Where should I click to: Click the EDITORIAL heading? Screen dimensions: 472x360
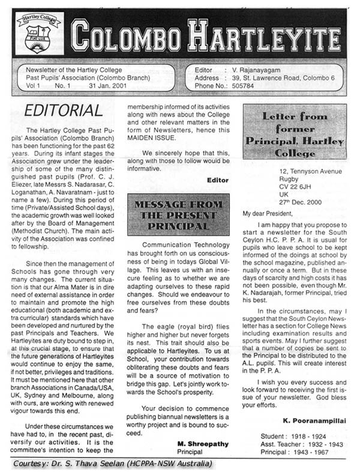click(x=64, y=110)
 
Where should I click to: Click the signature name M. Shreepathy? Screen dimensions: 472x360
click(x=202, y=444)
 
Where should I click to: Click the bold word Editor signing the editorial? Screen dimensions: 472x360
click(x=217, y=180)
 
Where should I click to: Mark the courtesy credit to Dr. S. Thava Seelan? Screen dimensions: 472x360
click(x=111, y=464)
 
